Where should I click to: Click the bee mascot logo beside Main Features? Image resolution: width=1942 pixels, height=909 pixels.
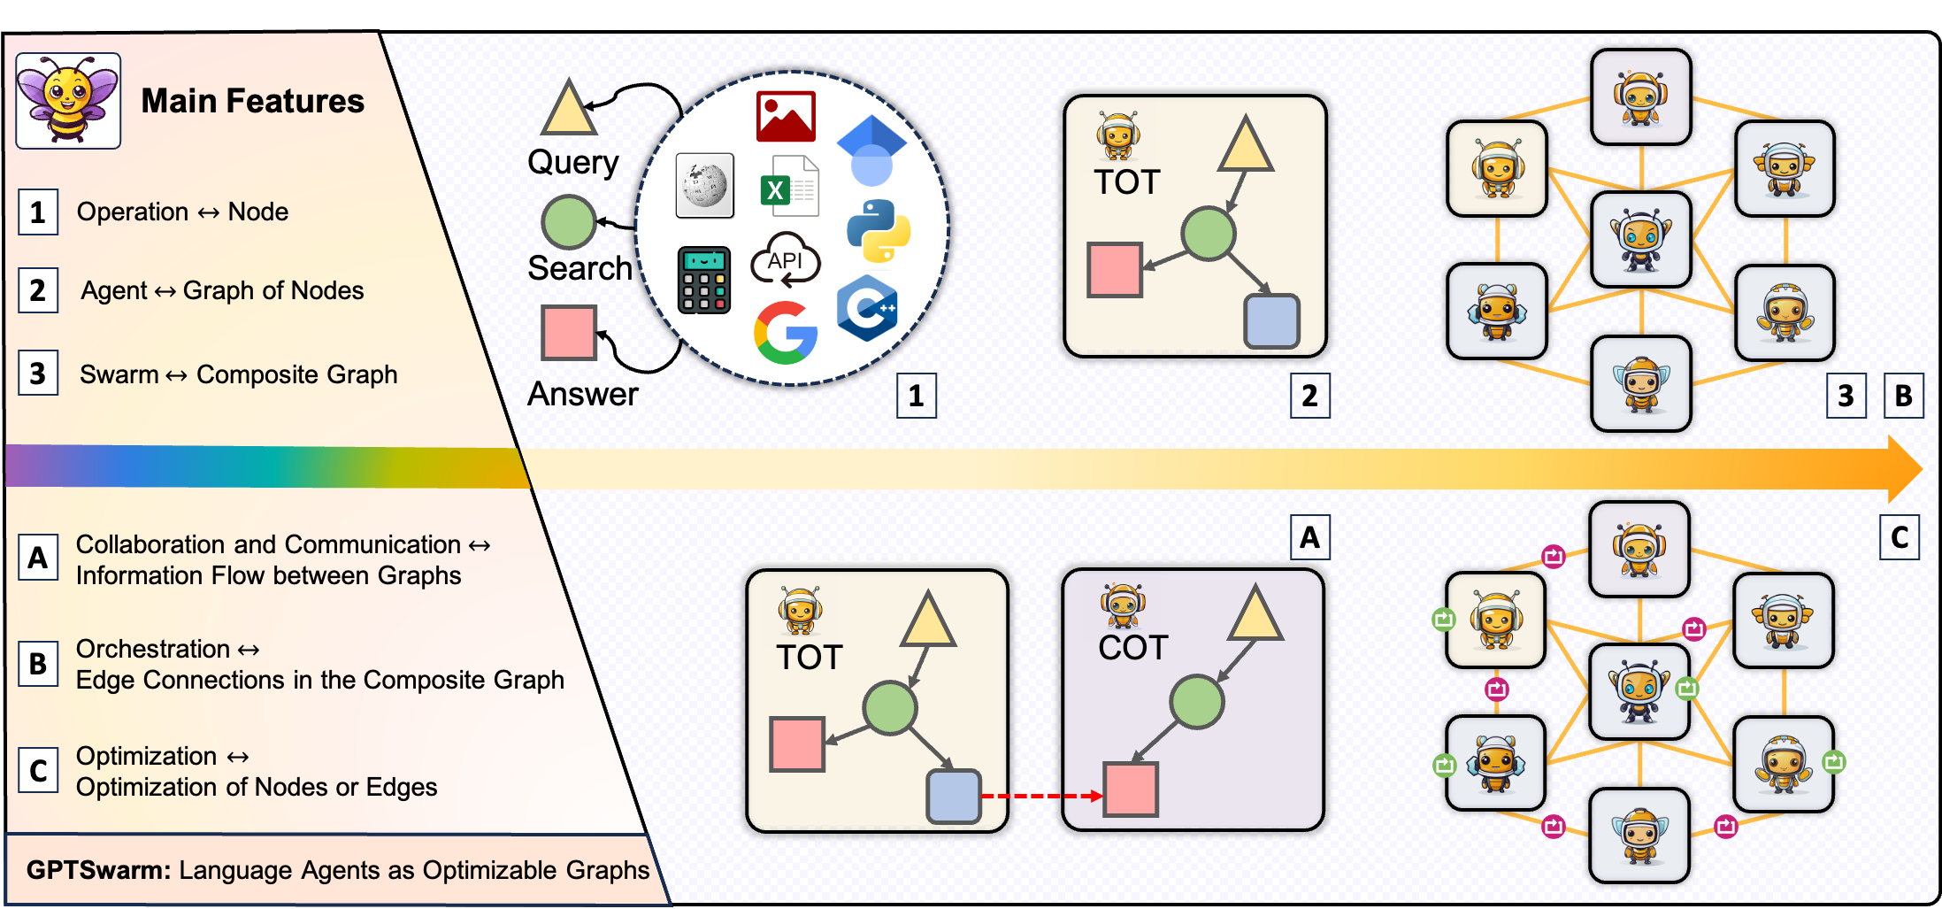pyautogui.click(x=68, y=100)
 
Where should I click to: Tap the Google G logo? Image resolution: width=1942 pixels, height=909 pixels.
pyautogui.click(x=785, y=333)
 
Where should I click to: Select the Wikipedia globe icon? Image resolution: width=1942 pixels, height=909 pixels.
pyautogui.click(x=704, y=185)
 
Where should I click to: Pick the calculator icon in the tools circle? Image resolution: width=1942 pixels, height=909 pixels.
pyautogui.click(x=704, y=280)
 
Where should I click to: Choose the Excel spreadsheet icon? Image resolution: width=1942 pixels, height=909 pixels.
pyautogui.click(x=788, y=186)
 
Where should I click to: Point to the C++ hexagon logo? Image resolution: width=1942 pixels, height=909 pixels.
pyautogui.click(x=868, y=308)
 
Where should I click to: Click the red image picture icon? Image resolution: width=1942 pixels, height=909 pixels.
pyautogui.click(x=786, y=116)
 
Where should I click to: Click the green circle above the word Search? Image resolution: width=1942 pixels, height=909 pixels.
pyautogui.click(x=569, y=222)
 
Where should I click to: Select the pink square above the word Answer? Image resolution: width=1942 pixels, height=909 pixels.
pyautogui.click(x=569, y=333)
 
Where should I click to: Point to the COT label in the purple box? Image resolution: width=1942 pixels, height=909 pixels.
pyautogui.click(x=1132, y=648)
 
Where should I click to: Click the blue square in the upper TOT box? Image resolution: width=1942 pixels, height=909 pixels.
pyautogui.click(x=1271, y=321)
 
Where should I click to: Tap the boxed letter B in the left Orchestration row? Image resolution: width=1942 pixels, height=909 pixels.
pyautogui.click(x=38, y=664)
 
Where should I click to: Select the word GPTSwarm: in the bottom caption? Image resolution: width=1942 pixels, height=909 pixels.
pyautogui.click(x=98, y=870)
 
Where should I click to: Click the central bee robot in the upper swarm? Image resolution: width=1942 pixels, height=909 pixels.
pyautogui.click(x=1641, y=240)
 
